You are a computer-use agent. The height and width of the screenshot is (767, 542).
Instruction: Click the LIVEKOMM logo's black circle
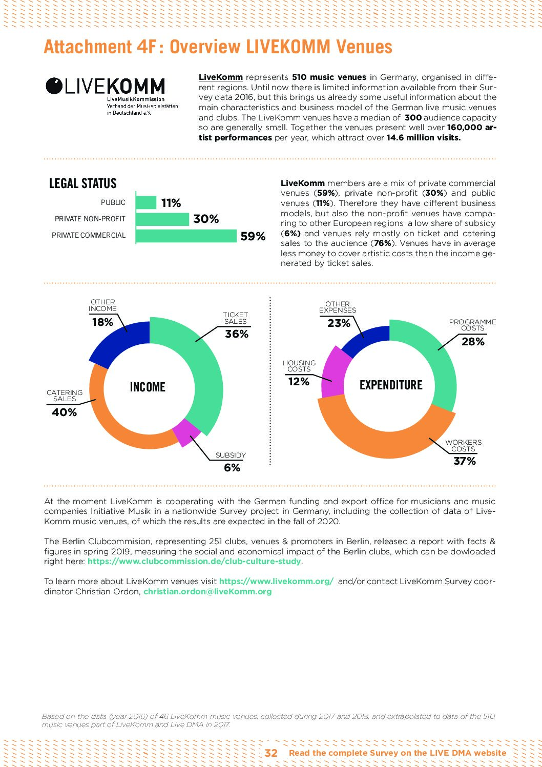click(x=54, y=86)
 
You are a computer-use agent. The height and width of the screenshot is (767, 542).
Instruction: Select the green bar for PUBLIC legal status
click(x=146, y=202)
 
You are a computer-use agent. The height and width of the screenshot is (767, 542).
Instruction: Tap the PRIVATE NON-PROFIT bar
click(x=162, y=219)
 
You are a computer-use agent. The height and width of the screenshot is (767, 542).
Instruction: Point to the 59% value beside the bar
click(x=253, y=236)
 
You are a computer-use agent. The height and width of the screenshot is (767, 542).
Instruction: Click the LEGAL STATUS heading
click(x=82, y=183)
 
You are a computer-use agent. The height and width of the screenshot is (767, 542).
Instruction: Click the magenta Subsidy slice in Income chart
click(x=185, y=431)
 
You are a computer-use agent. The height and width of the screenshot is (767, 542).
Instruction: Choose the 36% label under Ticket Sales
click(x=236, y=334)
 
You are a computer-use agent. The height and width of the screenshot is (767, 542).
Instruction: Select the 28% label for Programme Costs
click(x=472, y=342)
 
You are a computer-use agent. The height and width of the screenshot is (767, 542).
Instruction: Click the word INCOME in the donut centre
click(x=148, y=387)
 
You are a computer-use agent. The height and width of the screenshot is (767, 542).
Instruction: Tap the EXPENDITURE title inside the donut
click(x=391, y=385)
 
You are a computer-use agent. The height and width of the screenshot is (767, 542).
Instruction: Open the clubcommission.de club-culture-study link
click(x=194, y=561)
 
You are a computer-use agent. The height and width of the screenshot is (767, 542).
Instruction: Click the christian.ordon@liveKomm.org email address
click(x=207, y=591)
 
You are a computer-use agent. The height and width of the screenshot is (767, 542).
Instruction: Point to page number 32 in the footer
click(x=271, y=753)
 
